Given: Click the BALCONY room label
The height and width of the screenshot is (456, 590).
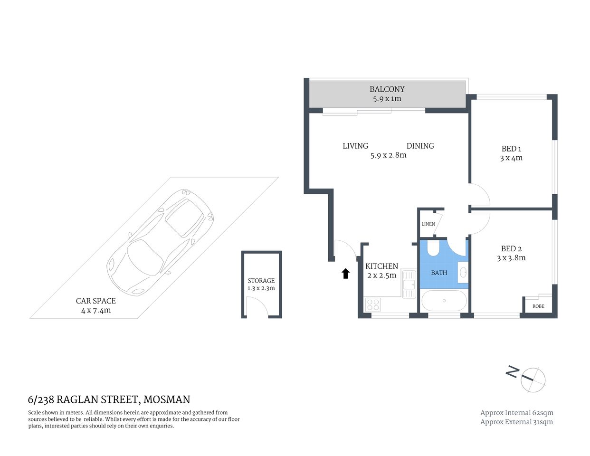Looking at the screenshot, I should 387,89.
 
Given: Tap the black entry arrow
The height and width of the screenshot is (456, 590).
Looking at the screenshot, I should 345,273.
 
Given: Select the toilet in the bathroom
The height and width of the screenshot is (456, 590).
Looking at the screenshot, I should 434,248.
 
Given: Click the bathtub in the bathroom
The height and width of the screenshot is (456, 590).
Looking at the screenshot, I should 444,301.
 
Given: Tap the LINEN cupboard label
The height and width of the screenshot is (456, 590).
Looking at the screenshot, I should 428,224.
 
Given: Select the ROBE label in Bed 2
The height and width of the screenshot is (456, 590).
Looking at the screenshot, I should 538,306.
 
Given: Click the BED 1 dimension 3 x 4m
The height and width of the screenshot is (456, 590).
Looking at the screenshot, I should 511,158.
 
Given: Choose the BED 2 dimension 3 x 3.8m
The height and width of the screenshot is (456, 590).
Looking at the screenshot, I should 511,258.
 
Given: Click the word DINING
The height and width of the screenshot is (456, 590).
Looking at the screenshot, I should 420,146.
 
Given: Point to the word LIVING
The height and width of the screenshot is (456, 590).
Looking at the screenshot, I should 355,146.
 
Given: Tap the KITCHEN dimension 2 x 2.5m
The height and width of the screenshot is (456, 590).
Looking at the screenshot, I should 381,275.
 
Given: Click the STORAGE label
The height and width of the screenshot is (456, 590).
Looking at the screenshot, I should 261,281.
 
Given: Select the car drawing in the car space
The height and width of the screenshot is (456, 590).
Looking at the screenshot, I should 160,241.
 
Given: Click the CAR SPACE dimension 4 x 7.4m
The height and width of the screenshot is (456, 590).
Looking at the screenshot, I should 95,310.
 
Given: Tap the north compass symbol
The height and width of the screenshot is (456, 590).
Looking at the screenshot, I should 532,380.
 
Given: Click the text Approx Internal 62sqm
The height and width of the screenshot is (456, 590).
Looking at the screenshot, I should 516,413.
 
